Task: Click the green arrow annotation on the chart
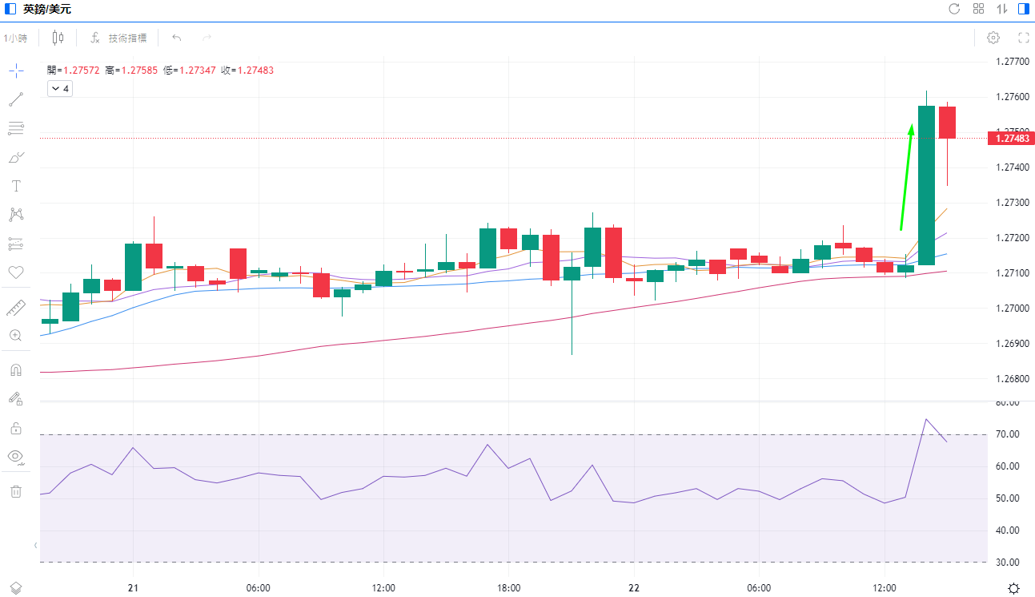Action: click(906, 176)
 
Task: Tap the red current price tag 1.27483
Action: click(1011, 139)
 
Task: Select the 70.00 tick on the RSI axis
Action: click(1007, 434)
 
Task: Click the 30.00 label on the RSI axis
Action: click(1007, 562)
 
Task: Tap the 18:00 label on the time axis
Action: click(509, 588)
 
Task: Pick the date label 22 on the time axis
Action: click(634, 588)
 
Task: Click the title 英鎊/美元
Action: click(47, 10)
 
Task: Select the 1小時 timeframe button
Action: click(16, 38)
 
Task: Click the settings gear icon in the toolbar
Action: click(993, 38)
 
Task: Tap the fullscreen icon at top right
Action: click(1023, 38)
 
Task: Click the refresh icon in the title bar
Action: click(954, 9)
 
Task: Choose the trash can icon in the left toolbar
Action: click(15, 491)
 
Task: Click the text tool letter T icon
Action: click(15, 186)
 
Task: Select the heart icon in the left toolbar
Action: click(15, 272)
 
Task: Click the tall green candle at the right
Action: click(926, 184)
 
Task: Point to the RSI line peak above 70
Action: click(926, 419)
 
